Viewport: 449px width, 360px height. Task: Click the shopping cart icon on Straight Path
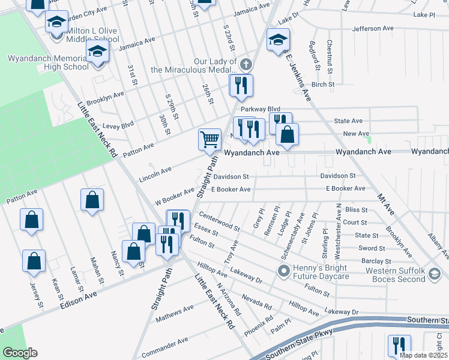click(209, 139)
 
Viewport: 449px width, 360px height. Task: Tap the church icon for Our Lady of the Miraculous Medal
click(245, 64)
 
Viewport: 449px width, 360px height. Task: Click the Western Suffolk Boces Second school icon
click(433, 275)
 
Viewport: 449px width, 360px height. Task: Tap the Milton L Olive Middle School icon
click(56, 22)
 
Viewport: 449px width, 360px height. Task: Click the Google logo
click(19, 353)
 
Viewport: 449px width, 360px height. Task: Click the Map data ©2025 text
click(423, 355)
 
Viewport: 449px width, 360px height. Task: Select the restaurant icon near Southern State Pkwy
click(399, 346)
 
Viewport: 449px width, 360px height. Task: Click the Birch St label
click(322, 85)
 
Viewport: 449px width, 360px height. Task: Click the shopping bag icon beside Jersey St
click(34, 261)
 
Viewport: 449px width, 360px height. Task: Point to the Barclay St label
click(376, 261)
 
